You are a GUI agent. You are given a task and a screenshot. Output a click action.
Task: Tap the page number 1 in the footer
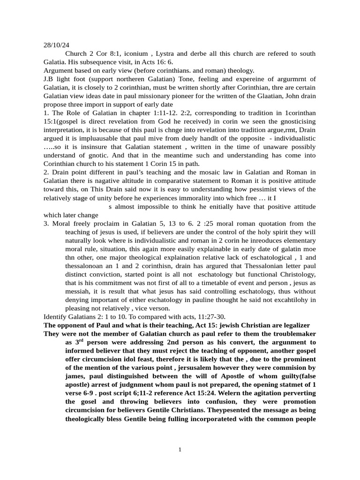tap(180, 450)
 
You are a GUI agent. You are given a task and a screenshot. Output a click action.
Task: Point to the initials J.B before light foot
tap(49, 79)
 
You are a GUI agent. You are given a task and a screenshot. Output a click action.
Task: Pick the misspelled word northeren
tap(129, 79)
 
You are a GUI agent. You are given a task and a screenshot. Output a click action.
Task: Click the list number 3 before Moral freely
tap(46, 224)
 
